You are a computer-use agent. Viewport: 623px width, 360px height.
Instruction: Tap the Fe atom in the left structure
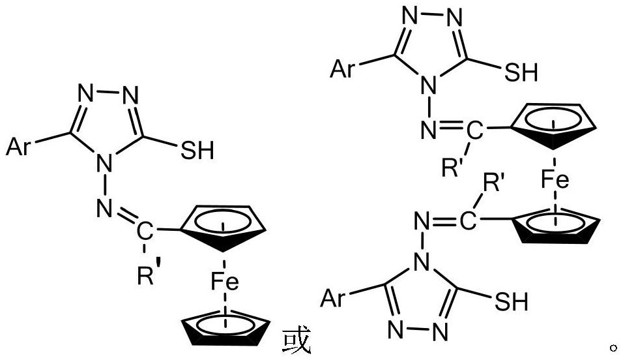(x=224, y=283)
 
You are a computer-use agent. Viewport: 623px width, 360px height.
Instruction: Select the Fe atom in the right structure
(x=555, y=180)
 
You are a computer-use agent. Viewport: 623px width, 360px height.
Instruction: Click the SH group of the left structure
(x=196, y=151)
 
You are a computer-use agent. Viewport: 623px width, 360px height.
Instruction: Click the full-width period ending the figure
(x=611, y=346)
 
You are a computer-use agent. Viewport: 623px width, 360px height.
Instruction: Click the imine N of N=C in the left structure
(x=102, y=209)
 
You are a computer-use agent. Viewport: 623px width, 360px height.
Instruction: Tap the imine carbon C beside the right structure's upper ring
(x=476, y=133)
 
